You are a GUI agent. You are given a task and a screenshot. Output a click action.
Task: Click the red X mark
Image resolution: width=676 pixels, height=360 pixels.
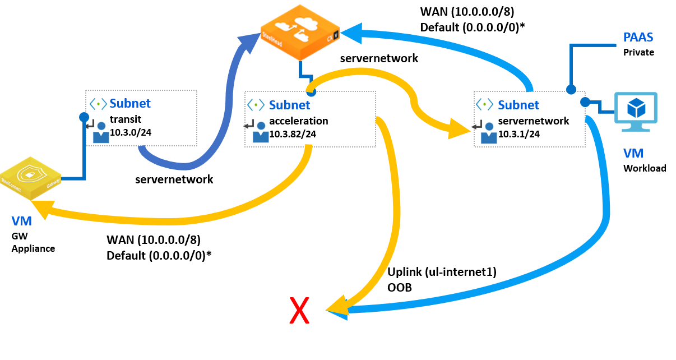click(x=299, y=311)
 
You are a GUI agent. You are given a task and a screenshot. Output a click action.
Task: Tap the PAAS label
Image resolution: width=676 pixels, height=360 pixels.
click(x=638, y=38)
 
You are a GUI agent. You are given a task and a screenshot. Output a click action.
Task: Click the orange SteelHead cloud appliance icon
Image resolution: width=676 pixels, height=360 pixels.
click(x=300, y=32)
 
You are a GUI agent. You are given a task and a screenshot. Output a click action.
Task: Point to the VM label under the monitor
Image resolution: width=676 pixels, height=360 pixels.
click(x=633, y=153)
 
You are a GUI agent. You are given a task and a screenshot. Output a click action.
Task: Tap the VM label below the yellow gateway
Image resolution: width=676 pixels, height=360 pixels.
click(x=21, y=221)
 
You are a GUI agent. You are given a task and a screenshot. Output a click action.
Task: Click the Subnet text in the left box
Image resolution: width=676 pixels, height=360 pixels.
click(x=130, y=103)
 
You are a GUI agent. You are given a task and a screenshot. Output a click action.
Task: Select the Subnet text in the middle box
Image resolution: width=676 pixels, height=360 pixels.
click(x=289, y=105)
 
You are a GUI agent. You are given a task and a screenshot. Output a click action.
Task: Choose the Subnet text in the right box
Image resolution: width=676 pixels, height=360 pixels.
click(x=518, y=105)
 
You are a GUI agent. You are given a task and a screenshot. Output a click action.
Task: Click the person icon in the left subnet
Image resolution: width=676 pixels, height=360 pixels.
click(x=101, y=133)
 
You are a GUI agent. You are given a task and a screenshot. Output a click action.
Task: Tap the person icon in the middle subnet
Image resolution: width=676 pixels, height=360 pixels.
click(x=260, y=133)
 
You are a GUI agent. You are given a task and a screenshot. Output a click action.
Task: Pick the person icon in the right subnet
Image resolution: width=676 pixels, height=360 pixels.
click(x=489, y=133)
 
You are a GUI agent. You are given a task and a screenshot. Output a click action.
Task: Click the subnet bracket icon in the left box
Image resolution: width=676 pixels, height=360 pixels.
click(x=99, y=104)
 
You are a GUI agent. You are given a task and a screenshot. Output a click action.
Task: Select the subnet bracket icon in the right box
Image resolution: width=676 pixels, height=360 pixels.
click(x=485, y=104)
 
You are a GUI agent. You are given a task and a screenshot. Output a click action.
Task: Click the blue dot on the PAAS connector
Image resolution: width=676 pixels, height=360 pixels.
click(x=571, y=89)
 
